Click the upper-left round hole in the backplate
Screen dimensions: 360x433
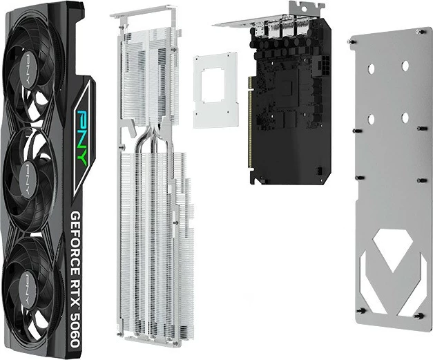pyautogui.click(x=371, y=68)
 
